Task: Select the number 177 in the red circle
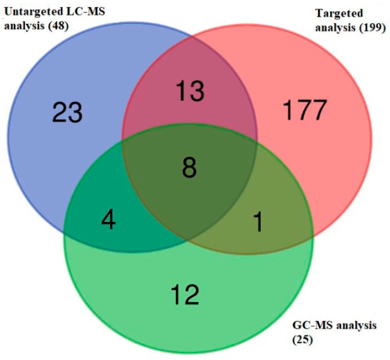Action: click(x=305, y=110)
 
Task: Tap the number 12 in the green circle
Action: click(x=185, y=295)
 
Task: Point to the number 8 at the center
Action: click(x=189, y=169)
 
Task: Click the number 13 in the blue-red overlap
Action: click(x=191, y=92)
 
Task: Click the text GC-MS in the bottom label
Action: click(x=304, y=325)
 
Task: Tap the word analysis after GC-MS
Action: click(x=351, y=325)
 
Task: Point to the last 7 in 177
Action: click(x=319, y=110)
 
